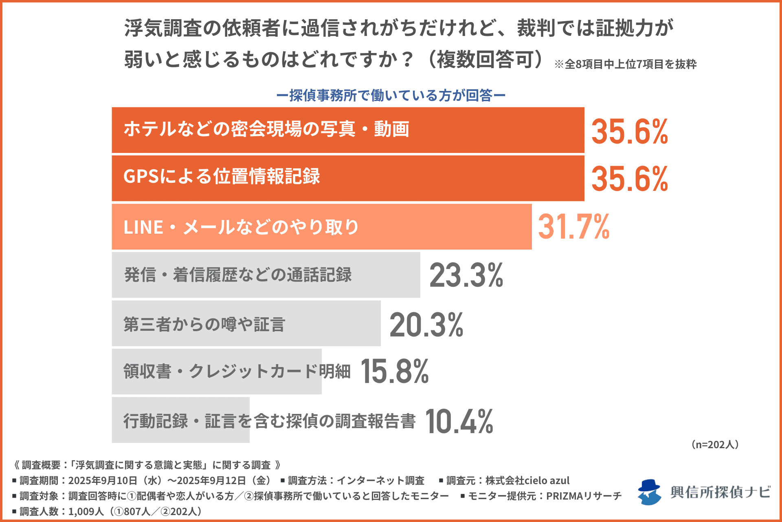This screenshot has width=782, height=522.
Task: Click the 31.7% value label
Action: (573, 227)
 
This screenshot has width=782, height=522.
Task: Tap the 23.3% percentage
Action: (466, 275)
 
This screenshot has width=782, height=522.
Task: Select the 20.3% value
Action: (426, 325)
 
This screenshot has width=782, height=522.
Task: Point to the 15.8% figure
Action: (394, 372)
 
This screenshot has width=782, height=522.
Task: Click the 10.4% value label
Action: (459, 421)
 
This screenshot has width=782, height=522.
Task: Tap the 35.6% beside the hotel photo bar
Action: (629, 131)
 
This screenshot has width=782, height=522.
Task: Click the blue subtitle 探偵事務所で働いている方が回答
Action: (391, 95)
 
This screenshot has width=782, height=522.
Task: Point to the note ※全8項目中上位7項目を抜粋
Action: (625, 64)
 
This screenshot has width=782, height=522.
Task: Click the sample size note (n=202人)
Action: (715, 445)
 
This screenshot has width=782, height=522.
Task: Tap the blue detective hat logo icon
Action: (649, 492)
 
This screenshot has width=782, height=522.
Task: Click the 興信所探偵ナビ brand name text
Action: (720, 492)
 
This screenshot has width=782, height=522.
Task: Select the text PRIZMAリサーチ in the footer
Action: (584, 496)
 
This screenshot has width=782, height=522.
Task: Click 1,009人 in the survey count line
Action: (86, 511)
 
